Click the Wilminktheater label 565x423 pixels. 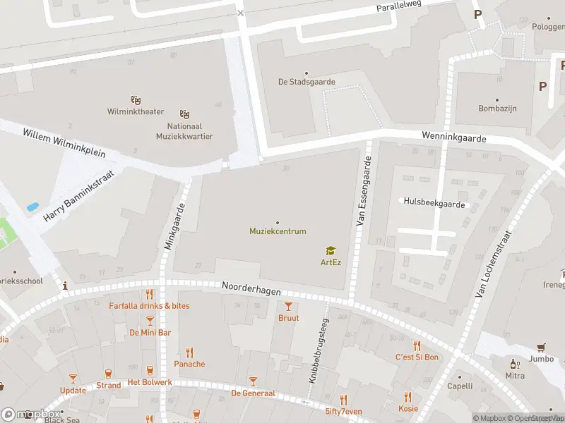coord(136,111)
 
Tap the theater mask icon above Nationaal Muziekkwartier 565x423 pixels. coord(185,114)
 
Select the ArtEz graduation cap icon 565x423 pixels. coord(330,250)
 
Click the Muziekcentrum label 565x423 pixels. coord(278,231)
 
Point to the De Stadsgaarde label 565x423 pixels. coord(307,82)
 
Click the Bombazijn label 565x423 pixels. coord(498,109)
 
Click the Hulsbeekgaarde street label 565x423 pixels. coord(434,202)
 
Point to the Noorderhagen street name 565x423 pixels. coord(251,288)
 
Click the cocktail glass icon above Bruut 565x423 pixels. coord(288,305)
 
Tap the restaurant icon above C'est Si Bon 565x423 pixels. coord(417,345)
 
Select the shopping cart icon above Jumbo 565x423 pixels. coord(541,347)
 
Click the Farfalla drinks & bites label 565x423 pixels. coord(149,306)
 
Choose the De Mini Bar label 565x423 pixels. coord(150,332)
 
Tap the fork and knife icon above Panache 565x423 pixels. coord(189,352)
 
